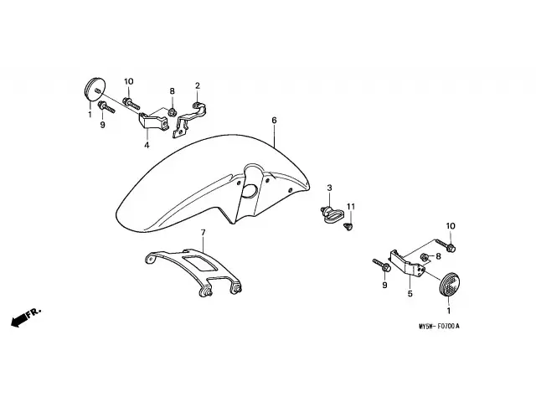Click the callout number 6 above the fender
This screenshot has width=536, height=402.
tap(274, 121)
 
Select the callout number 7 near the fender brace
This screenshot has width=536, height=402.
tap(202, 231)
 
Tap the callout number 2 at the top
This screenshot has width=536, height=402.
tap(198, 85)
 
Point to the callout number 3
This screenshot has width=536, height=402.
tap(330, 188)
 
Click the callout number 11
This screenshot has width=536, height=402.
tap(352, 206)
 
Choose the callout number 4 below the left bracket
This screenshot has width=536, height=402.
tap(146, 145)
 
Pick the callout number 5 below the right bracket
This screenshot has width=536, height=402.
tap(410, 294)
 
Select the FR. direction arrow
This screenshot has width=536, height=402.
tap(26, 318)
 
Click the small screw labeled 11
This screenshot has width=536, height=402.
tap(353, 224)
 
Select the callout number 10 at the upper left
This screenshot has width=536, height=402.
tap(129, 81)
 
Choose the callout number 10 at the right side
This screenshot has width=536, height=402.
tap(451, 226)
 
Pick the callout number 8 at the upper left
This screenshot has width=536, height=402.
tap(172, 91)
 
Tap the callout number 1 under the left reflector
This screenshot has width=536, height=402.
tap(90, 115)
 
